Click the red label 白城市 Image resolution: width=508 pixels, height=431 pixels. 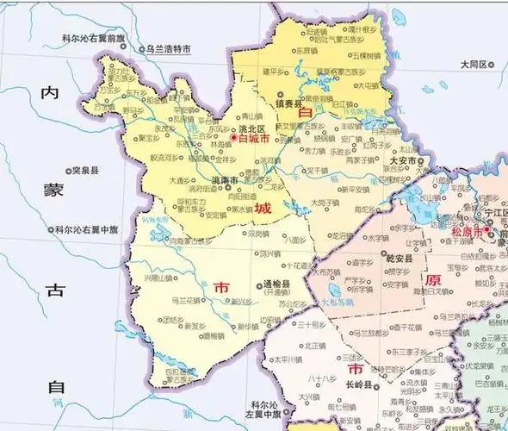tap(255, 138)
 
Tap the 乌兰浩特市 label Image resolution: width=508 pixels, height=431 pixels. tap(168, 49)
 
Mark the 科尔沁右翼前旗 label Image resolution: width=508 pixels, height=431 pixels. tap(94, 39)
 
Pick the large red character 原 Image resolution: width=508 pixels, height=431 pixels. tap(432, 280)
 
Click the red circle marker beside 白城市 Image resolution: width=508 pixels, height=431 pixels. tap(233, 138)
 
